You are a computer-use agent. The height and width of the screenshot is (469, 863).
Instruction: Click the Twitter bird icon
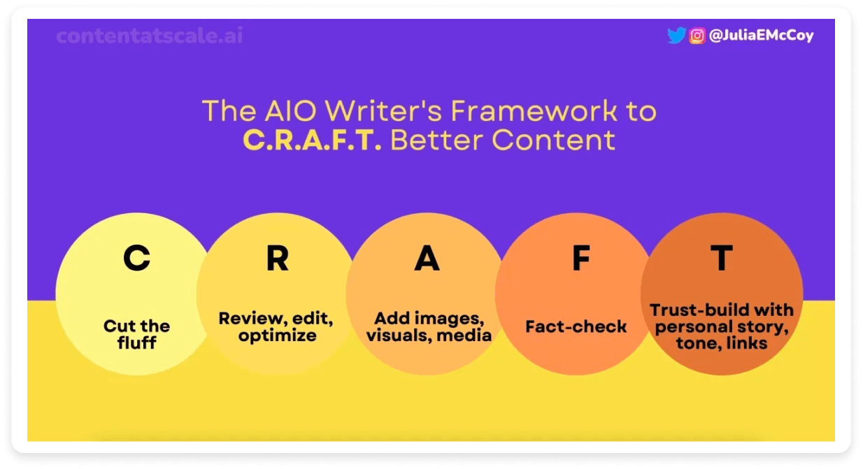tap(676, 36)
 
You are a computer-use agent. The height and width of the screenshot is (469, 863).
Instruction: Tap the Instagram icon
tap(697, 36)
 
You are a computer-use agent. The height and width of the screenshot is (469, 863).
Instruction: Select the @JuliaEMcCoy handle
tap(761, 36)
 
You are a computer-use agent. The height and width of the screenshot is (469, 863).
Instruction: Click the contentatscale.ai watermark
tap(150, 36)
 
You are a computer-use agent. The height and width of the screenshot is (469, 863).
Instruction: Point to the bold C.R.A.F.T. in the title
tap(312, 140)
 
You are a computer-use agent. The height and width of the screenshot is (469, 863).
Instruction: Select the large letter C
tap(136, 259)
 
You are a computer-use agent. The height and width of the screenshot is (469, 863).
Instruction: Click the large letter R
tap(277, 259)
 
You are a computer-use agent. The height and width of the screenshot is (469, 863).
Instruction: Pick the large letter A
tap(427, 259)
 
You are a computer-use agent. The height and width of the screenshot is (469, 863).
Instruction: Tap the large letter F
tap(580, 259)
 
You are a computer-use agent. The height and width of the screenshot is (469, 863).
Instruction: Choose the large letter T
tap(721, 259)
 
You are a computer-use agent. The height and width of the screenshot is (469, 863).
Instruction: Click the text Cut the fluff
tap(137, 334)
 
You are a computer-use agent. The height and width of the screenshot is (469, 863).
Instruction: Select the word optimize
tap(277, 335)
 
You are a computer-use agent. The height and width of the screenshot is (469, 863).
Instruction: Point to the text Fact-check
tap(576, 326)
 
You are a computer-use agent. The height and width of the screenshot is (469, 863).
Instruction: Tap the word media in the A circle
tap(469, 335)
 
